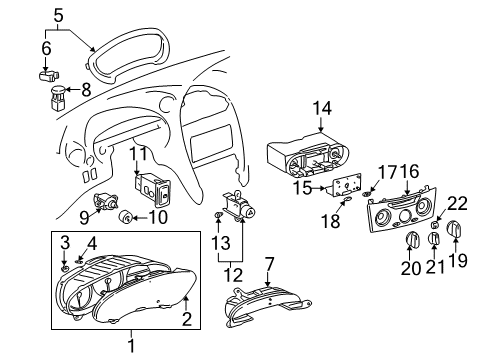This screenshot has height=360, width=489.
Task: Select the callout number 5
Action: coord(59,15)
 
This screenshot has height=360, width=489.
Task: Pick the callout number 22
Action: coord(459,203)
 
